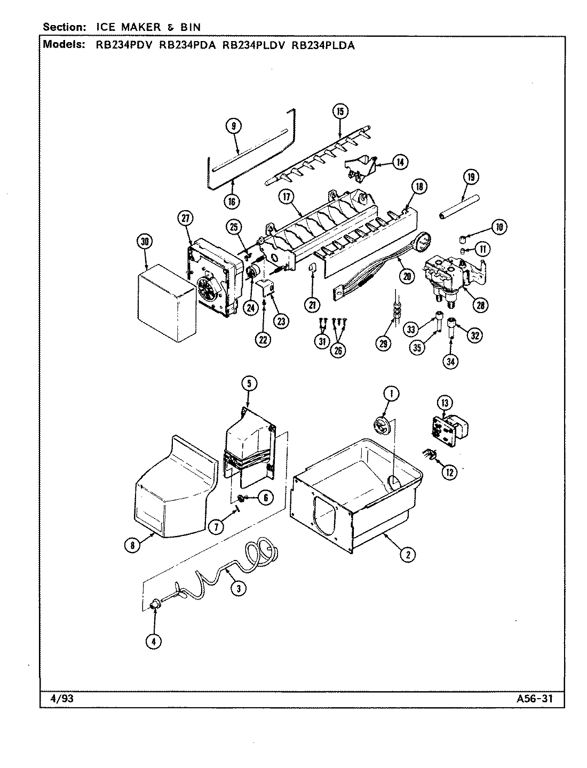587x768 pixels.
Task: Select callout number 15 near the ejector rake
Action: point(340,111)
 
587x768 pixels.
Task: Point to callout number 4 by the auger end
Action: point(153,642)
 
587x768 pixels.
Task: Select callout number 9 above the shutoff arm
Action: point(233,126)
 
